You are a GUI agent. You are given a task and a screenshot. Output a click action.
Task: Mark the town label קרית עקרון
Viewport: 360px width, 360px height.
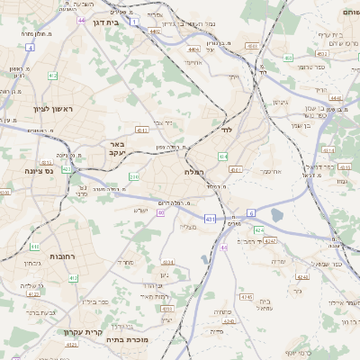pyautogui.click(x=80, y=331)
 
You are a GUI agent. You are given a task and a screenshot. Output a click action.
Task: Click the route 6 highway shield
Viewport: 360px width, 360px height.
pyautogui.click(x=251, y=212)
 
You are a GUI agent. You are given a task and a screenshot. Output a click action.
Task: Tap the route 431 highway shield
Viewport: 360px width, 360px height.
pyautogui.click(x=210, y=218)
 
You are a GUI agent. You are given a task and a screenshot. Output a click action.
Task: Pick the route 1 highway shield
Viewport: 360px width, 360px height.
pyautogui.click(x=134, y=21)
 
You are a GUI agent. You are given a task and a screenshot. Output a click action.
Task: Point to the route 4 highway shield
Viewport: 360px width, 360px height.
pyautogui.click(x=30, y=46)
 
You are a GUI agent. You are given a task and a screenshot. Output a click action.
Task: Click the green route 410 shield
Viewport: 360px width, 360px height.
pyautogui.click(x=34, y=246)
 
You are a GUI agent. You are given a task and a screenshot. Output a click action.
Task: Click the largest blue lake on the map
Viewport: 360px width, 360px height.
pyautogui.click(x=276, y=214)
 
